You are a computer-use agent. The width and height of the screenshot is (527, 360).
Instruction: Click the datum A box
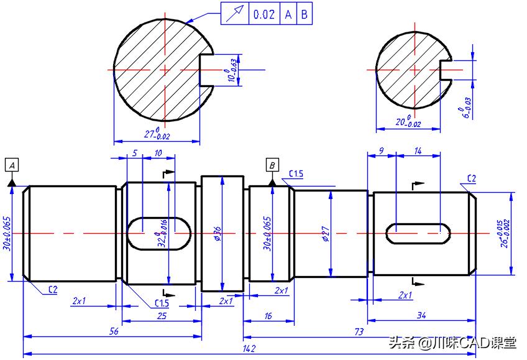pyautogui.click(x=12, y=165)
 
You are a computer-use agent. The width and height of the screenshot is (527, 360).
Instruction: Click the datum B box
pyautogui.click(x=272, y=165)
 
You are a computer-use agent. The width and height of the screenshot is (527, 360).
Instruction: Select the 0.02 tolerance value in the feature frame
pyautogui.click(x=264, y=14)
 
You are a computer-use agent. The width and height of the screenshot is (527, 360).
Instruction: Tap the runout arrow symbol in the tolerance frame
pyautogui.click(x=235, y=14)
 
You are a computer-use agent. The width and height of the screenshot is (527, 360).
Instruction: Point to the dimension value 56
pyautogui.click(x=114, y=332)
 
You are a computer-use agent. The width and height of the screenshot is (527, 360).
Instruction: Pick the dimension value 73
pyautogui.click(x=359, y=332)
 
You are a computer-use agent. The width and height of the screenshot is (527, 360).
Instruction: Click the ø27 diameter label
pyautogui.click(x=326, y=234)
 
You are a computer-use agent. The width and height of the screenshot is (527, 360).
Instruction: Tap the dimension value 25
pyautogui.click(x=162, y=315)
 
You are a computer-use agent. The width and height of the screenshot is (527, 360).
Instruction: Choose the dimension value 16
pyautogui.click(x=268, y=315)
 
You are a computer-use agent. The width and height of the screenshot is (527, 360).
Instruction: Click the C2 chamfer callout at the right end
pyautogui.click(x=470, y=179)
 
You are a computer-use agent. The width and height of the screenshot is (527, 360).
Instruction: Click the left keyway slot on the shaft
pyautogui.click(x=160, y=233)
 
